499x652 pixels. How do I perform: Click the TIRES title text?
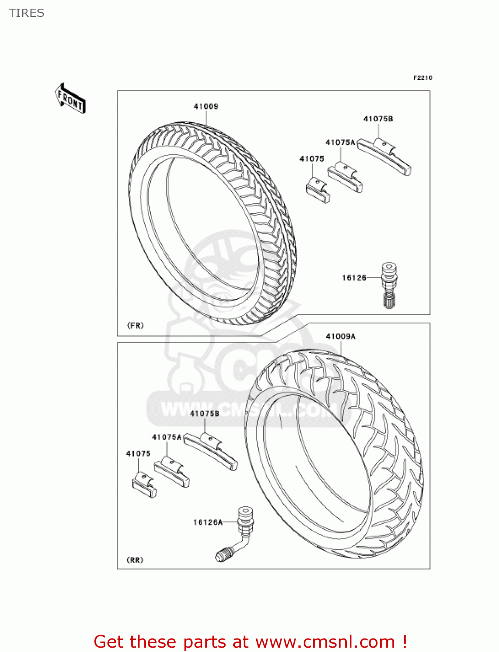click(27, 13)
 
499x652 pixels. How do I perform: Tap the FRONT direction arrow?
click(70, 99)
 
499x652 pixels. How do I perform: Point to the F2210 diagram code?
click(422, 78)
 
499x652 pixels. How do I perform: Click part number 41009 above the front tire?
click(206, 106)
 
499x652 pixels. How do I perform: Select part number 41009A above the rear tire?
click(341, 336)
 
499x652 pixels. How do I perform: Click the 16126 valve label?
click(354, 278)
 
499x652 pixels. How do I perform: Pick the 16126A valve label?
click(208, 522)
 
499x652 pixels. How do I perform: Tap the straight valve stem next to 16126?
click(388, 285)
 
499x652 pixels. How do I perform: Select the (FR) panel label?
click(135, 325)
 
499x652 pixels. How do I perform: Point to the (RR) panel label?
click(135, 560)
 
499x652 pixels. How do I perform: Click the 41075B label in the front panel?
click(378, 119)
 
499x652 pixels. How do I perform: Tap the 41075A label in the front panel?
click(340, 142)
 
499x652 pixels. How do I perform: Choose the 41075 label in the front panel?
click(312, 159)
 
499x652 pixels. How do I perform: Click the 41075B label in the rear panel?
click(204, 413)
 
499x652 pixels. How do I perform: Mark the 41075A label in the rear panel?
click(167, 437)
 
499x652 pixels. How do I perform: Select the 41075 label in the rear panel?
click(138, 453)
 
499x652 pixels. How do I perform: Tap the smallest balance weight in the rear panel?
click(144, 485)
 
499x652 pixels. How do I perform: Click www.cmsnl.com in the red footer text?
click(325, 642)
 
